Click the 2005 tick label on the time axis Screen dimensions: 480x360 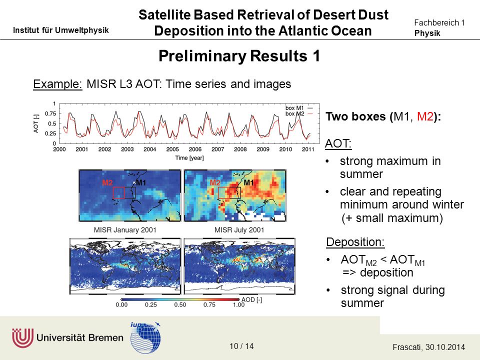click(x=172, y=149)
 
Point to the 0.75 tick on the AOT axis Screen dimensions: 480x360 click(x=50, y=114)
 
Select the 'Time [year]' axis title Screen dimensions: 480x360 click(x=189, y=158)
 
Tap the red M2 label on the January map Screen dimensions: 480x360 click(x=107, y=183)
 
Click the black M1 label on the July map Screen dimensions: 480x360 click(x=248, y=183)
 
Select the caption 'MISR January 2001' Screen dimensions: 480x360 click(x=125, y=230)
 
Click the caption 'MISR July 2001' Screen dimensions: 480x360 click(x=239, y=230)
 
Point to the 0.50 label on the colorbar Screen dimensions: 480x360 click(x=180, y=305)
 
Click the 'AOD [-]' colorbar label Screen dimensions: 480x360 click(x=251, y=299)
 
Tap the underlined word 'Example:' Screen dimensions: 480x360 click(x=57, y=84)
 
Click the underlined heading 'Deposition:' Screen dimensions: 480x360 click(x=355, y=242)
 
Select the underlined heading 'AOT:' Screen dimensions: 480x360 click(x=338, y=143)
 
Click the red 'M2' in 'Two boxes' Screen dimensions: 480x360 click(x=425, y=116)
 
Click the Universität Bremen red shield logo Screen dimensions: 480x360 click(x=22, y=338)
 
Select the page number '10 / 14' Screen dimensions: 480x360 click(x=241, y=346)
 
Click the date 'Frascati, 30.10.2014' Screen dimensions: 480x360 click(x=428, y=347)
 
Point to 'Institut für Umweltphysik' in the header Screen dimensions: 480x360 click(x=61, y=30)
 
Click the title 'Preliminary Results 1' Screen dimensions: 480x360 click(x=239, y=56)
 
